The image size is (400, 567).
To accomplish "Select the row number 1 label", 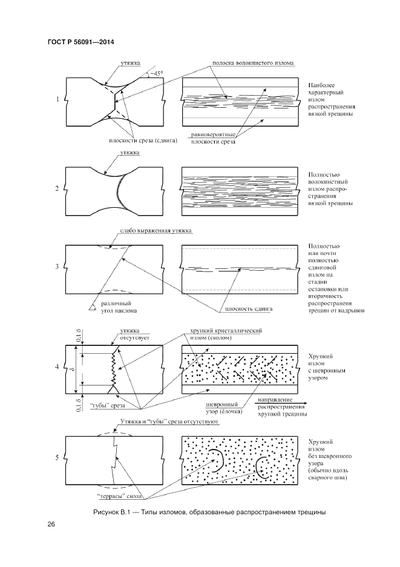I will [x=57, y=99].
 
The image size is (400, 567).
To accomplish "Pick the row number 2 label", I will [x=57, y=189].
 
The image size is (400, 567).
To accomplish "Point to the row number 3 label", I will [x=57, y=266].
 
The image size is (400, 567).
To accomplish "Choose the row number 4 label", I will [x=57, y=367].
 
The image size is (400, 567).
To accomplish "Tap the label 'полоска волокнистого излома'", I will [x=254, y=63].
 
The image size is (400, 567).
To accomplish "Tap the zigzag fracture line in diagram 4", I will [x=113, y=368].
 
